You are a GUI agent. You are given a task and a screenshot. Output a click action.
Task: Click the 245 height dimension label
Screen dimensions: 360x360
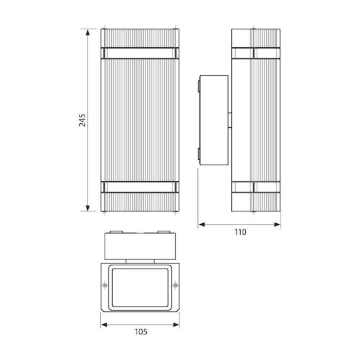(x=82, y=120)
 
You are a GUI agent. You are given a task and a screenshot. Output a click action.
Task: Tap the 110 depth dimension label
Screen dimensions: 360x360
(x=240, y=232)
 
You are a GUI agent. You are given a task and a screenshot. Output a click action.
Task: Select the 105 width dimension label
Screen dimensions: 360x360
(x=141, y=332)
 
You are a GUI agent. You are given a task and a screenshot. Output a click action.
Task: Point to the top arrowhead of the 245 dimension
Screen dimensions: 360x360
(x=87, y=33)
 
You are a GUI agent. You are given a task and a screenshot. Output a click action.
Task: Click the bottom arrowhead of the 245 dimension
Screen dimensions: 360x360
(x=87, y=208)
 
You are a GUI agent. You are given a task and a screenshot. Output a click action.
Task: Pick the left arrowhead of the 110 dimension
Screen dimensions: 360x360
(x=201, y=224)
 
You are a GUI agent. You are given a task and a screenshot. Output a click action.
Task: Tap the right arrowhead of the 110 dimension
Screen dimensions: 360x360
(x=277, y=224)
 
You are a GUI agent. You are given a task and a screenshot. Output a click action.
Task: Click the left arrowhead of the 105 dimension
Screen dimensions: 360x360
(x=104, y=325)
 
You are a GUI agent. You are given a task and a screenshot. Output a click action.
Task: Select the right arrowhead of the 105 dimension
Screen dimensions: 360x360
(x=176, y=325)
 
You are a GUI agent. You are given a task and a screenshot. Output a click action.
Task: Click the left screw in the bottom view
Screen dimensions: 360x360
(x=105, y=285)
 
